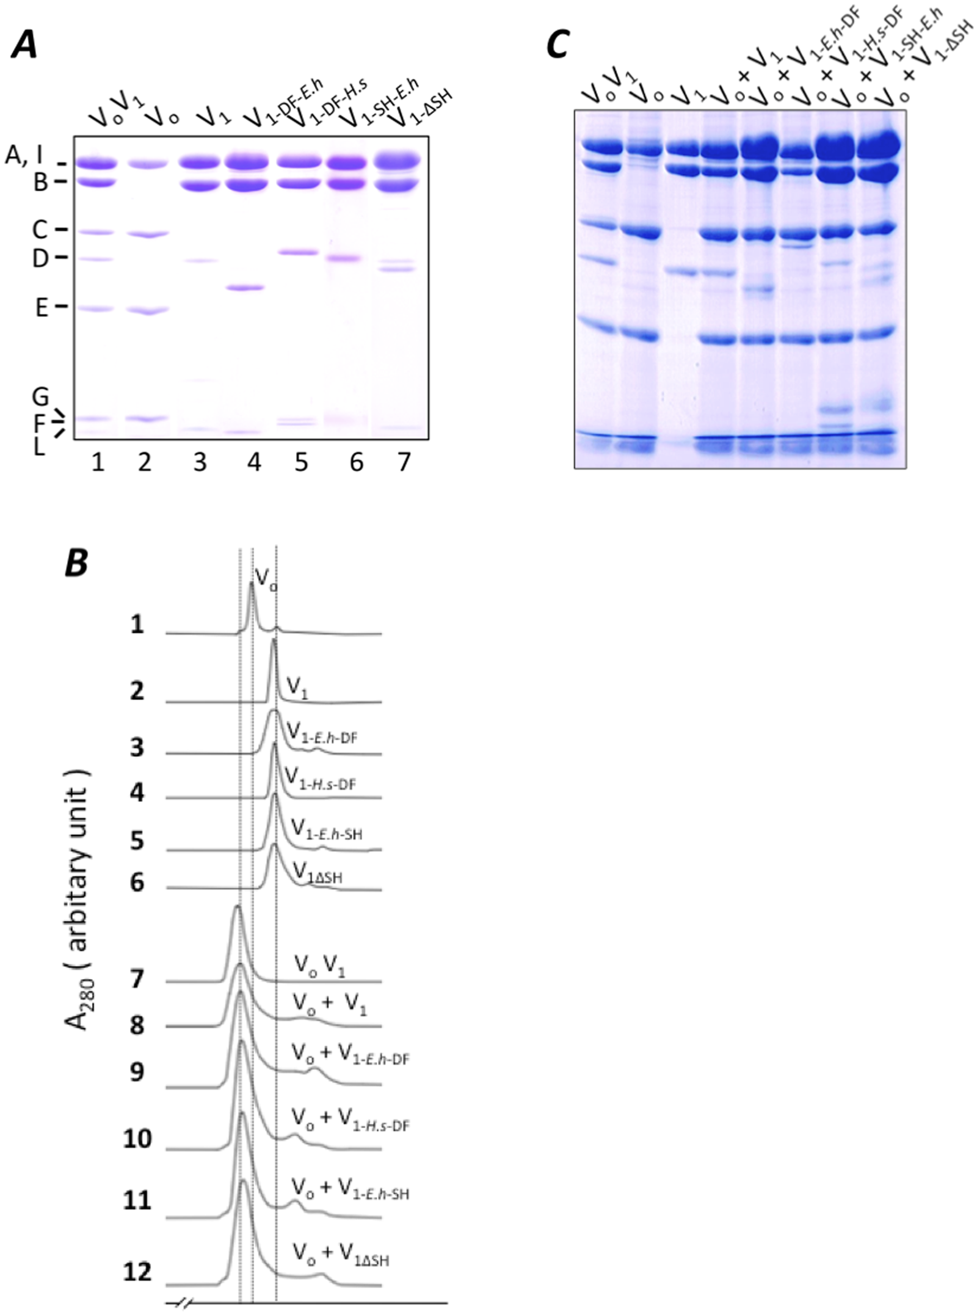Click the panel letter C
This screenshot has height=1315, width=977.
click(x=558, y=46)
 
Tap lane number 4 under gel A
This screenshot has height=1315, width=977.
click(x=254, y=462)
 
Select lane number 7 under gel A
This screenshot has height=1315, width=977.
click(x=404, y=462)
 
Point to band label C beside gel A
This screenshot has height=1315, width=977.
click(x=40, y=230)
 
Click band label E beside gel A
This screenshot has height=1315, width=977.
click(x=41, y=307)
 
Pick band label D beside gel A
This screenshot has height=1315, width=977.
click(x=40, y=258)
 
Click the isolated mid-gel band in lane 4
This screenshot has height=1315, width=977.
click(x=245, y=288)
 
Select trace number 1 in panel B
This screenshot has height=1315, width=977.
click(x=137, y=624)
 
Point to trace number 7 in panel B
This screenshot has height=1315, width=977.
click(x=137, y=978)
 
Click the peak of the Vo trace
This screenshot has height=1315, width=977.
click(x=252, y=585)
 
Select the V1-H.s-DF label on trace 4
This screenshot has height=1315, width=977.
click(x=320, y=780)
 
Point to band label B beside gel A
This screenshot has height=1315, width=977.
click(x=40, y=182)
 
